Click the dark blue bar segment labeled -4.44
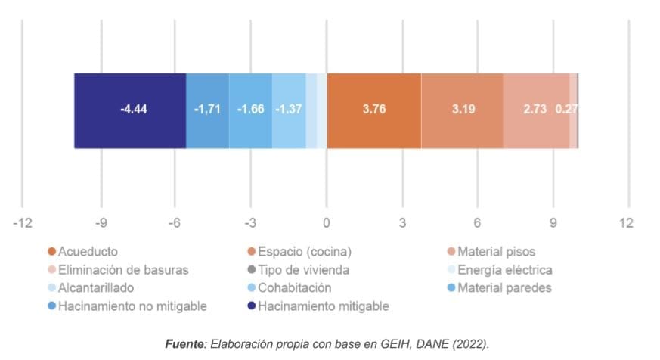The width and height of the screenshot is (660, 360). coord(130,110)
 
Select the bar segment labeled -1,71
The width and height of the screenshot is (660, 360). coord(207,110)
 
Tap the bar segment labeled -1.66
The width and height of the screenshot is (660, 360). coord(250,110)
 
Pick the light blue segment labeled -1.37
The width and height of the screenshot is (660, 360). coord(289,110)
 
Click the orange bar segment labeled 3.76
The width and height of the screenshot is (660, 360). coord(374,110)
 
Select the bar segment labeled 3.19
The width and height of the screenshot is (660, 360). coord(463,110)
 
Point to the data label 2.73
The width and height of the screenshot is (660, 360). coord(535,109)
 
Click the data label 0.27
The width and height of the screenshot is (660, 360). coord(566,109)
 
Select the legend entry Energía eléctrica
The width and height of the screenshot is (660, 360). coord(504,269)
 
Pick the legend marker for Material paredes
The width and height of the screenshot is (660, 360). coord(451,288)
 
